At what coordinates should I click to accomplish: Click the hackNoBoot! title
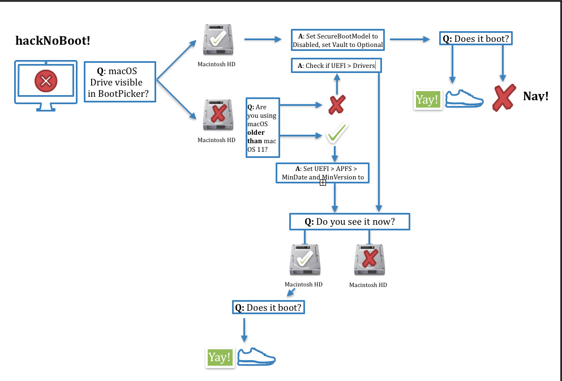coord(53,41)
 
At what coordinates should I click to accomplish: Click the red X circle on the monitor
coord(46,81)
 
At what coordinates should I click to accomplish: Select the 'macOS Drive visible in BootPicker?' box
coord(120,82)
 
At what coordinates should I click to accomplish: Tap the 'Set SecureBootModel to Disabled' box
coord(338,40)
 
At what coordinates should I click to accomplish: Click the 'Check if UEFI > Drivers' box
coord(336,66)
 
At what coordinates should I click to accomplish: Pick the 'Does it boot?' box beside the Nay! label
coord(476,38)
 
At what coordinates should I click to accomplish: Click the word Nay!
coord(536,96)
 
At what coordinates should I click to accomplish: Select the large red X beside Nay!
coord(504,97)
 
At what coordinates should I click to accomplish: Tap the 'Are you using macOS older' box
coord(263,127)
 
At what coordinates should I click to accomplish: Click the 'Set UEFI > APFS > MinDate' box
coord(323,173)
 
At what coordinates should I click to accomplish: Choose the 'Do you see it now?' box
coord(349,222)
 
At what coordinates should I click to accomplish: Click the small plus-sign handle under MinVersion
coord(323,183)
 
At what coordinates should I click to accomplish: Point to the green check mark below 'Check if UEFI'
coord(337,132)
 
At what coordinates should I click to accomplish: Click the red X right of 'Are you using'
coord(337,105)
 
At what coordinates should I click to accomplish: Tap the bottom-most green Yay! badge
coord(220,357)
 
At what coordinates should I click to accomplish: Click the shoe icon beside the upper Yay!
coord(464,99)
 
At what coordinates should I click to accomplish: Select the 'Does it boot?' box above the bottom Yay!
coord(268,307)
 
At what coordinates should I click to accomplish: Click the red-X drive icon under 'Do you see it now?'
coord(370,260)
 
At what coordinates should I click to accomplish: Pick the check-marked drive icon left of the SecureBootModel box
coord(218,40)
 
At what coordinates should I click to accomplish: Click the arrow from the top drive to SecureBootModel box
coord(263,40)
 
